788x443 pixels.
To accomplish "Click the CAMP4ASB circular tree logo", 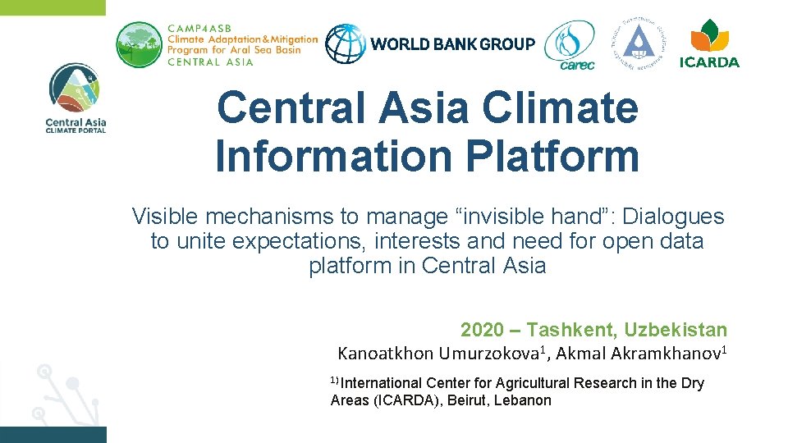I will tap(140, 44).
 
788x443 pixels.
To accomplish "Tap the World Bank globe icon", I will tap(345, 43).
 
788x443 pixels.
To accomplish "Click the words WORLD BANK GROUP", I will tap(452, 44).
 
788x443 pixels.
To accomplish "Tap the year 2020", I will tap(483, 330).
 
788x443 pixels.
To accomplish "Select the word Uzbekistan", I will tap(676, 330).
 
